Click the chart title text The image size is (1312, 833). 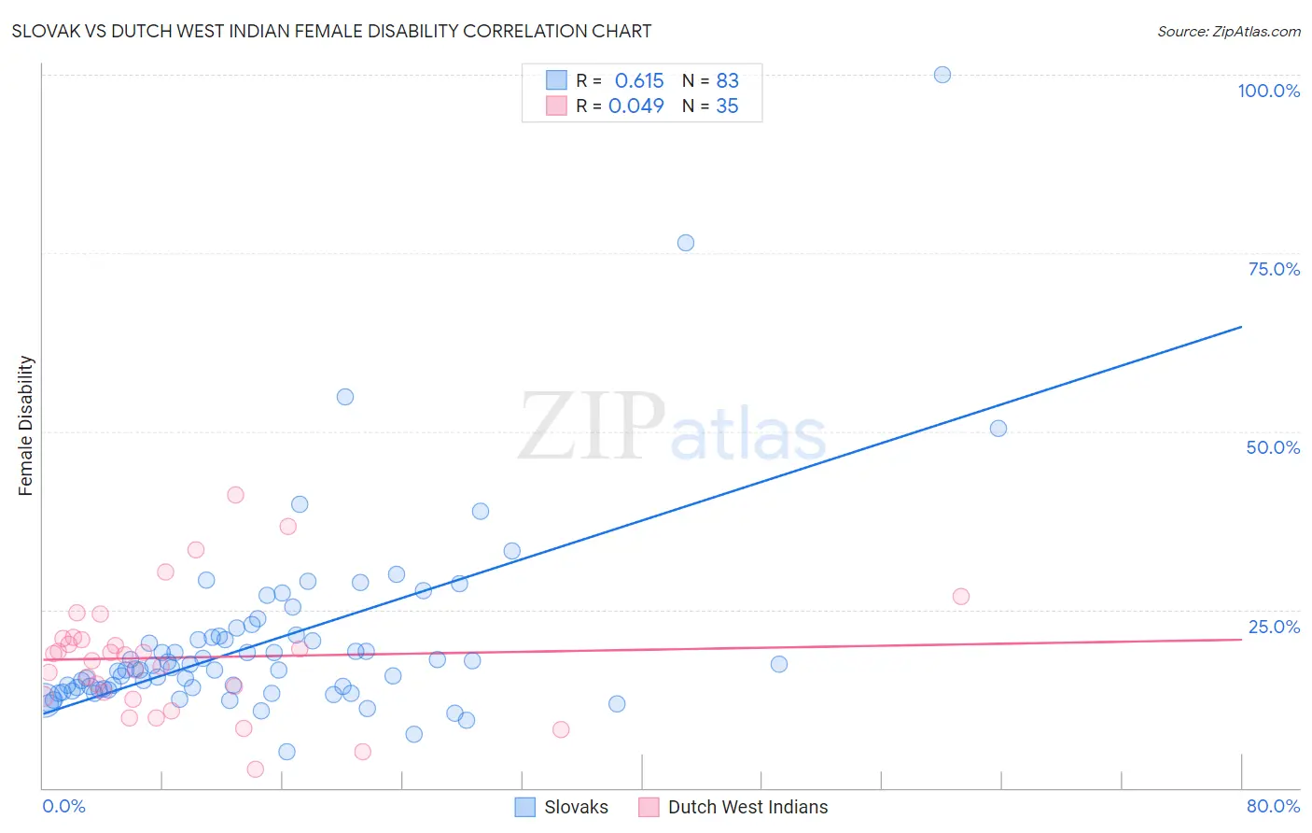coord(331,31)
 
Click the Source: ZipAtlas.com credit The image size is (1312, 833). coord(1228,31)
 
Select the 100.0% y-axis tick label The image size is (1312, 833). coord(1268,91)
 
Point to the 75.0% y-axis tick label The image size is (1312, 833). coord(1274,269)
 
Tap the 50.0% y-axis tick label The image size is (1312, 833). coord(1273,447)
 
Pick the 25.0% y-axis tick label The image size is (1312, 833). coord(1274,627)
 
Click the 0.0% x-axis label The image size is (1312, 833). coord(63,806)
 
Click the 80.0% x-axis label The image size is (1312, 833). coord(1273,806)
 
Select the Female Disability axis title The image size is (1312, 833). coord(25,425)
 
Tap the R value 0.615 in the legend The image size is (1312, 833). coord(639,81)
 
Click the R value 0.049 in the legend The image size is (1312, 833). coord(635,106)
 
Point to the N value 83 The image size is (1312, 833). coord(727,81)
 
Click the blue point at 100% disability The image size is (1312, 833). coord(942,75)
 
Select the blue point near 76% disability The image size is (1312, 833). coord(686,243)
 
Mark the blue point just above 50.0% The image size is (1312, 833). coord(998,429)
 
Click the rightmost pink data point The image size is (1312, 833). coord(961,597)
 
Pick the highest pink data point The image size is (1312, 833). coord(235,495)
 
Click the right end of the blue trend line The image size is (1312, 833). coord(1241,327)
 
